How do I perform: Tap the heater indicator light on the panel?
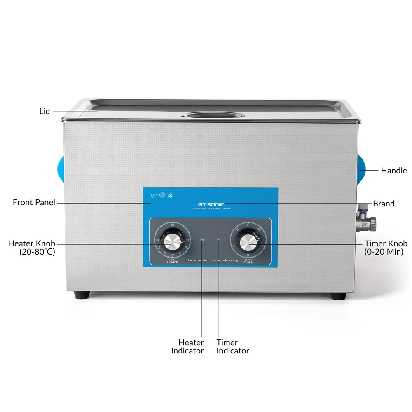pos(202,240)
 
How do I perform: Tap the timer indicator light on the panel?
pos(218,240)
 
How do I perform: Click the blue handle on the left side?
pos(61,170)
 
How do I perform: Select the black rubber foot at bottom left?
pos(81,295)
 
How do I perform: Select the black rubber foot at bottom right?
pos(338,295)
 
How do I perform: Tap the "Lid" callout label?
pos(44,111)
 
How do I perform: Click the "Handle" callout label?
pos(393,170)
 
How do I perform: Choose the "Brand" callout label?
pos(384,204)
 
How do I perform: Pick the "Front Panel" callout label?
pos(34,202)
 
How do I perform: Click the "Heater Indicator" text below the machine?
pos(188,346)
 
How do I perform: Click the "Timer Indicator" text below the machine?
pos(232,346)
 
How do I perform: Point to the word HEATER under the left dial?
pos(173,262)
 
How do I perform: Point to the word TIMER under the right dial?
pos(248,262)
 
